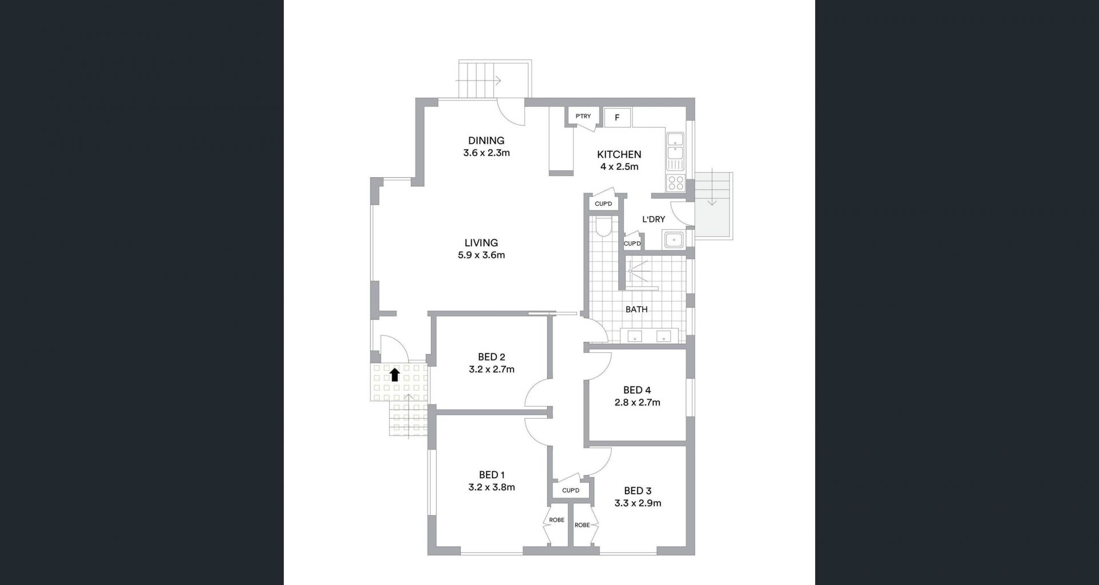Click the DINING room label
[x=486, y=141]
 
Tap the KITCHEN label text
[x=619, y=154]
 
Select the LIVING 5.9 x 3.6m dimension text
[x=481, y=256]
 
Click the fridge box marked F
[x=618, y=118]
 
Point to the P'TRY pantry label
[x=583, y=117]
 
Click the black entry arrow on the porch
[x=395, y=375]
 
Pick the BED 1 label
[x=492, y=475]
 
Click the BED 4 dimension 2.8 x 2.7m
[x=637, y=403]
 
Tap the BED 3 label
[x=638, y=491]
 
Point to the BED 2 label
[x=491, y=357]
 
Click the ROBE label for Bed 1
[x=556, y=520]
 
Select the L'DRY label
[x=654, y=219]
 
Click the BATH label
[x=637, y=309]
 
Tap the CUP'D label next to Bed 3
[x=571, y=491]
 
